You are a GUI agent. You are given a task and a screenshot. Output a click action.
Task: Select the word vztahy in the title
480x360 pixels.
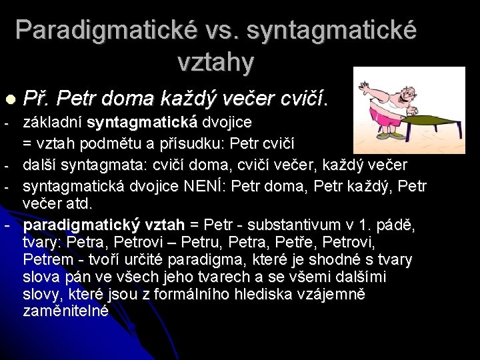point(216,63)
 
